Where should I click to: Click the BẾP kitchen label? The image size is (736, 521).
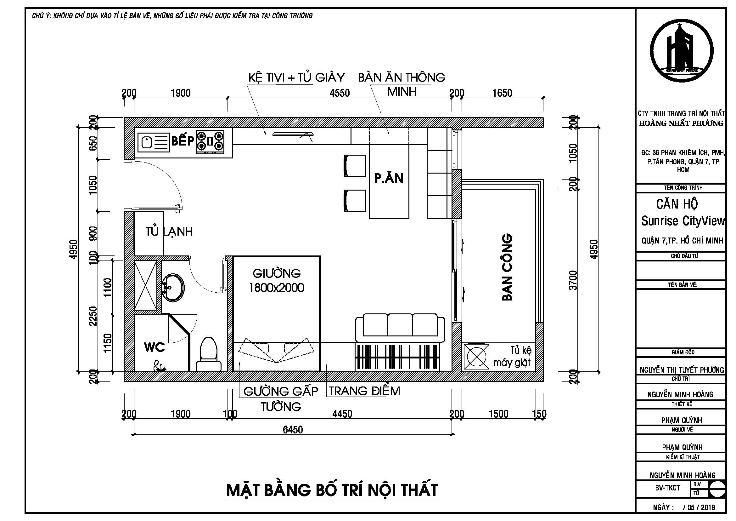point(183,141)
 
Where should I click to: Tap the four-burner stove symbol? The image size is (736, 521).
point(210,141)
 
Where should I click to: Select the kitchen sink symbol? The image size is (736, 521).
point(153,142)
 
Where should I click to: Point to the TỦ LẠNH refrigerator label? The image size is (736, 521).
point(169,231)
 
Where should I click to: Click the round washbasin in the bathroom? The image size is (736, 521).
point(173,288)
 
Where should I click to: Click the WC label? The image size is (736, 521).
point(154,347)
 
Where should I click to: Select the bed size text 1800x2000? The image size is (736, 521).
point(276,288)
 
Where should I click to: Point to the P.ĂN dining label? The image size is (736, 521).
point(389,178)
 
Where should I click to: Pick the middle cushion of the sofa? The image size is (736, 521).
point(400,325)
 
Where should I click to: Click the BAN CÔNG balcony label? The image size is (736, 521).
point(507,267)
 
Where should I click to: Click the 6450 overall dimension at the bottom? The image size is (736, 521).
point(293,430)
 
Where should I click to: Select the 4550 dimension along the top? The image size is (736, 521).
point(340,93)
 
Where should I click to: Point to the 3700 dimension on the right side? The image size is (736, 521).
point(573,280)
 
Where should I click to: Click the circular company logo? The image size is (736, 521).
point(681,51)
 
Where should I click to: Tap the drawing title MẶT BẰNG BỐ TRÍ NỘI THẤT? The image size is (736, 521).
point(332,490)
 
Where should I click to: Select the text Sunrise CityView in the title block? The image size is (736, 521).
point(683,221)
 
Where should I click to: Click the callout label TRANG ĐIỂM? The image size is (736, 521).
point(364,391)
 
